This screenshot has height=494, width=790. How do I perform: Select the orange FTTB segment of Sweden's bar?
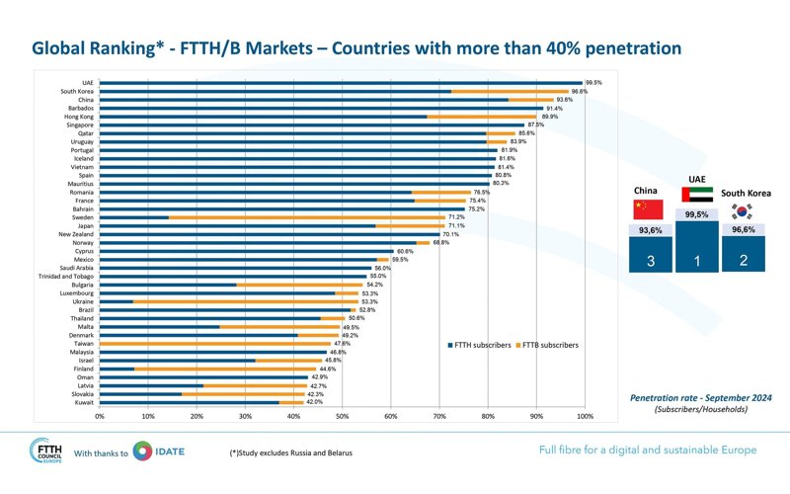(x=306, y=217)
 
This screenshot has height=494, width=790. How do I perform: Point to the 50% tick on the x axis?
(x=342, y=417)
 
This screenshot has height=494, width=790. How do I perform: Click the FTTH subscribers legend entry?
(x=481, y=345)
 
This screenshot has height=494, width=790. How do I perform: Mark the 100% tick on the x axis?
(x=585, y=417)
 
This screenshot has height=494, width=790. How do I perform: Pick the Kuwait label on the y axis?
(x=84, y=402)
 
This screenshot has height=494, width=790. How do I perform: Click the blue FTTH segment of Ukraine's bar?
(x=117, y=301)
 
